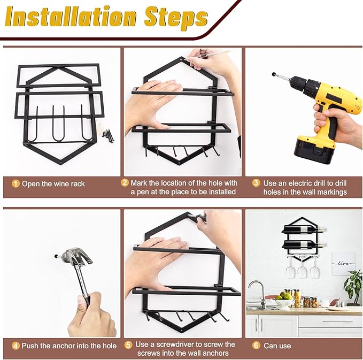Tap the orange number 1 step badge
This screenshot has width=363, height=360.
16,183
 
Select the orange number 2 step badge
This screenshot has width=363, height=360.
125,183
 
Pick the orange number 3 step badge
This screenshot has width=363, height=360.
256,183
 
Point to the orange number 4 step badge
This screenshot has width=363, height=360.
16,346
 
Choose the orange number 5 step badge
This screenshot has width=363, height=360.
128,344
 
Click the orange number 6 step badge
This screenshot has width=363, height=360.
256,346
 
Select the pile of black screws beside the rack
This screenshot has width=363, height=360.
109,136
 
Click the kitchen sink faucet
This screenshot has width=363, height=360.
258,294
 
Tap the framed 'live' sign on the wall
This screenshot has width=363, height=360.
343,264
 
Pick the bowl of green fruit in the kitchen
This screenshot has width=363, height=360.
283,301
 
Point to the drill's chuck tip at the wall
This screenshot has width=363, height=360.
274,74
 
